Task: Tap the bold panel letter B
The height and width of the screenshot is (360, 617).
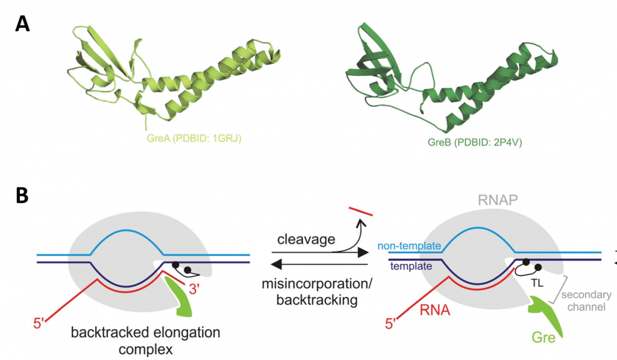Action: pyautogui.click(x=22, y=197)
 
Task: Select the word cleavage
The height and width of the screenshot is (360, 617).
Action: pyautogui.click(x=305, y=239)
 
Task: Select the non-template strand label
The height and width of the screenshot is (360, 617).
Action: pyautogui.click(x=409, y=246)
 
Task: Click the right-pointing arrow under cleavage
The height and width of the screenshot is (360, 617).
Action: pyautogui.click(x=313, y=254)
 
